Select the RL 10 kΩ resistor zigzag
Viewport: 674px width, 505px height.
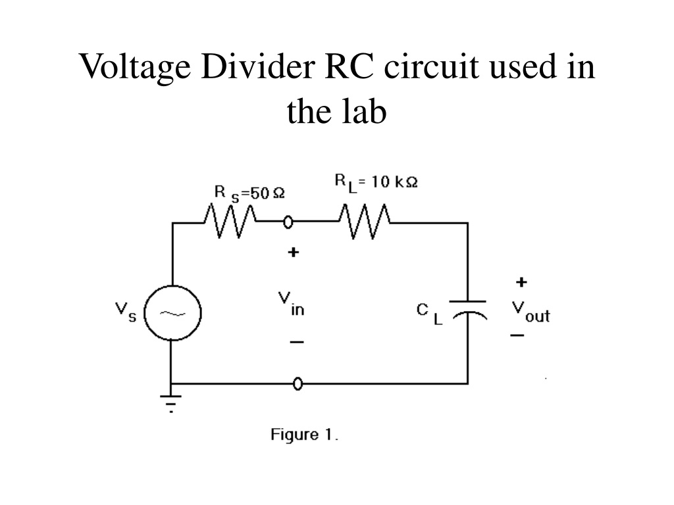click(365, 222)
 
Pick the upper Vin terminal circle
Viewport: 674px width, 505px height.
click(288, 222)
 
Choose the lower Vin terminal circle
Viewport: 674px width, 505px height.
click(298, 383)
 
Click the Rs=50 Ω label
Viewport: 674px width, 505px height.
click(249, 193)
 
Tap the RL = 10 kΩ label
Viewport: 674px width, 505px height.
click(376, 181)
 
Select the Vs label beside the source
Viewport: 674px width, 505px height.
click(126, 312)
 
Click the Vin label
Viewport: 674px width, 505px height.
click(292, 304)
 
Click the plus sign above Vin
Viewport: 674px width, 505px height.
click(293, 252)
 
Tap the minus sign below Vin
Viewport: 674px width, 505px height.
click(297, 342)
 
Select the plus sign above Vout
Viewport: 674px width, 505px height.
click(521, 282)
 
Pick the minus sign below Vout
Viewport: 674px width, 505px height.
click(517, 335)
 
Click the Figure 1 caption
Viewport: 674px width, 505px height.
click(304, 435)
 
